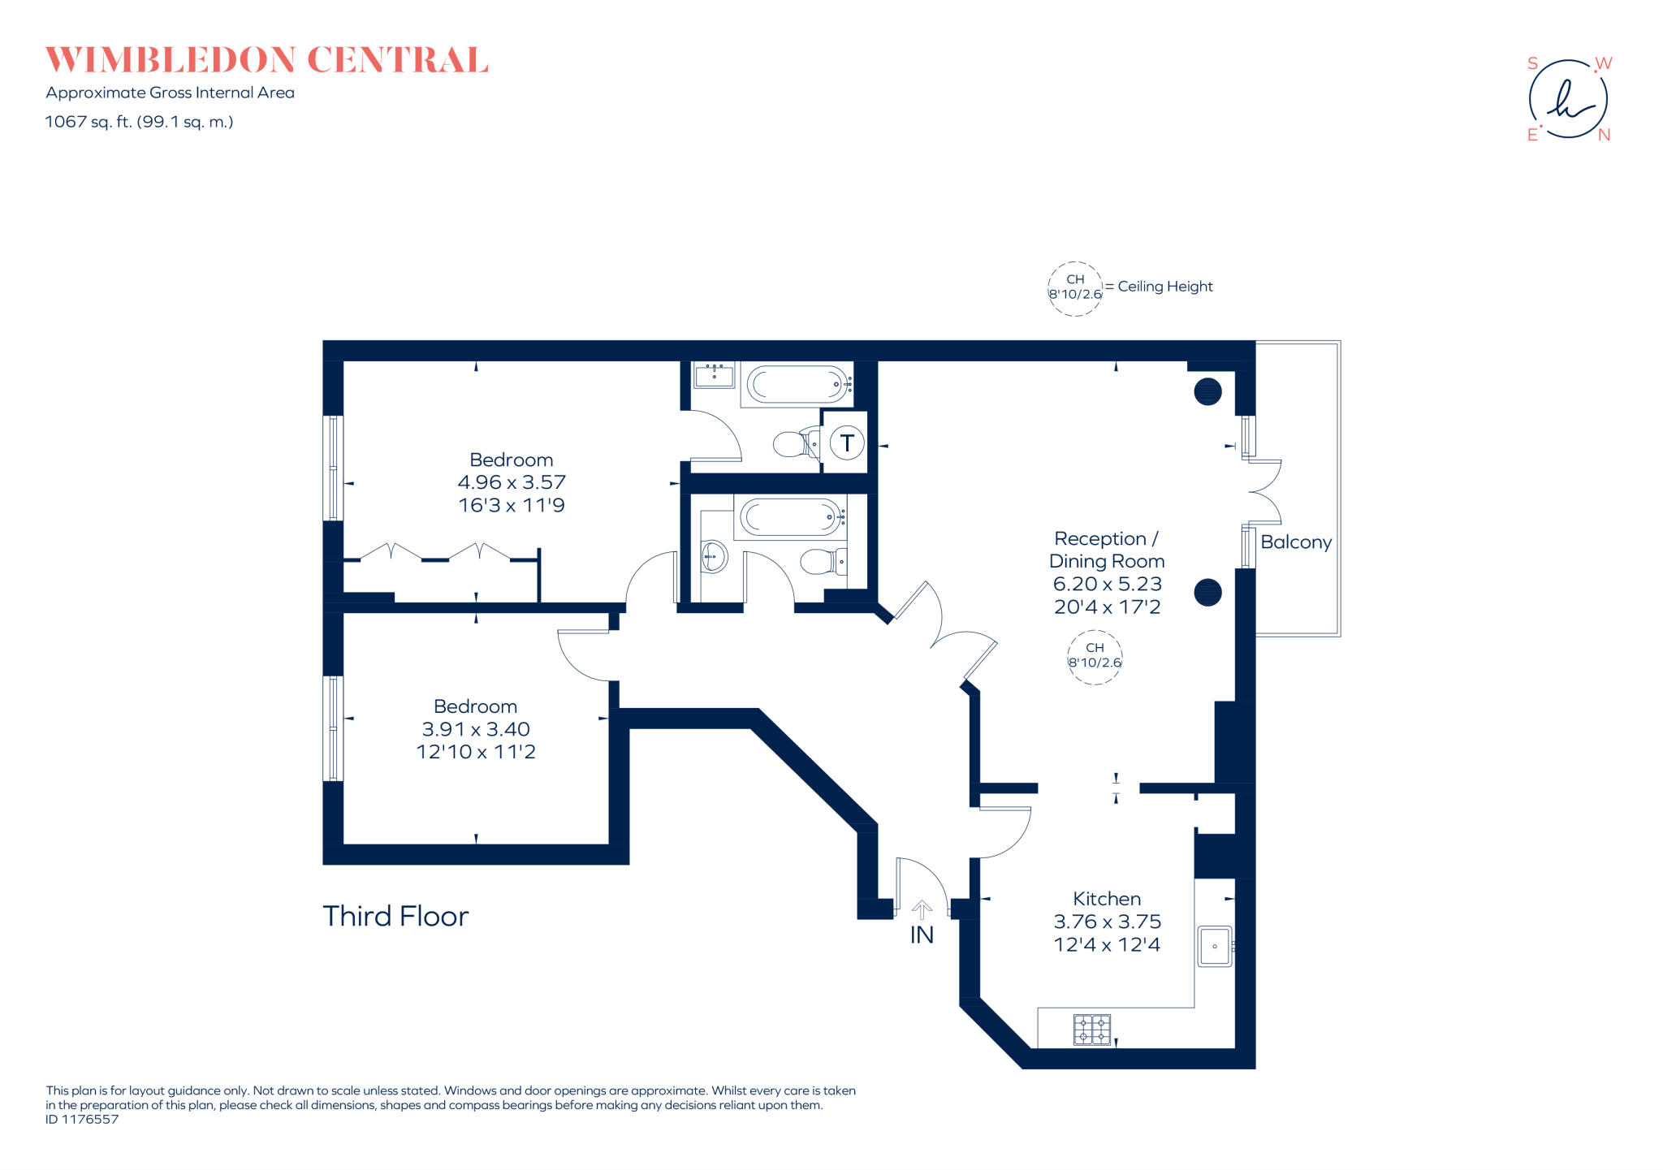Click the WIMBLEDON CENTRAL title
click(x=266, y=60)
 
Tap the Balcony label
click(x=1295, y=542)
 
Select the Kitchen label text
click(x=1107, y=899)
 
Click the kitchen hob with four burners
click(x=1092, y=1030)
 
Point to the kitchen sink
click(x=1215, y=946)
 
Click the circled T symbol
click(x=847, y=443)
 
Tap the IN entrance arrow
click(x=922, y=911)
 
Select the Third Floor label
click(x=395, y=916)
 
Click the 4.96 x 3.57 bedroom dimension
click(x=512, y=482)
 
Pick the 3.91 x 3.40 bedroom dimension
click(x=476, y=729)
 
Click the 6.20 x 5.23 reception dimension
click(x=1107, y=584)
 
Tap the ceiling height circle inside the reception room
click(x=1095, y=655)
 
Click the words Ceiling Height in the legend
click(x=1164, y=287)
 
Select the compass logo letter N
click(x=1604, y=136)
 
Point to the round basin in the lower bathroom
click(x=714, y=557)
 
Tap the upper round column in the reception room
click(x=1207, y=392)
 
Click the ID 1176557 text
click(x=82, y=1119)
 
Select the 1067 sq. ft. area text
click(x=139, y=122)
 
